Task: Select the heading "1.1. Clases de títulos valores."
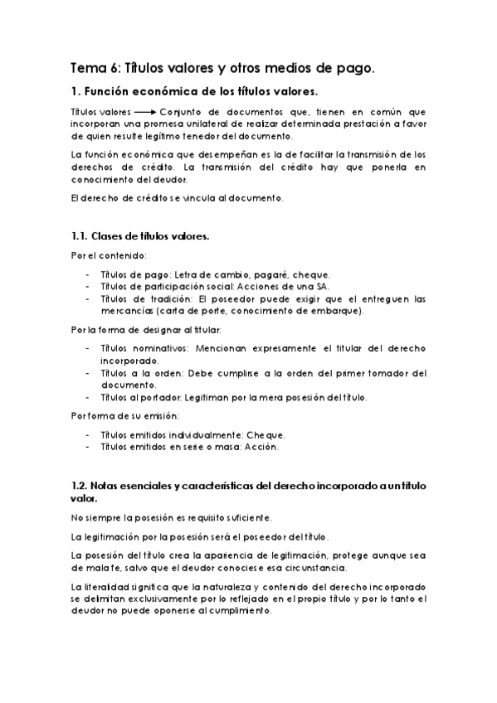click(x=139, y=236)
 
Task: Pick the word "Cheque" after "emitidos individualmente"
click(x=266, y=434)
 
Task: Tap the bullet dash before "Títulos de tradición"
click(x=89, y=299)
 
